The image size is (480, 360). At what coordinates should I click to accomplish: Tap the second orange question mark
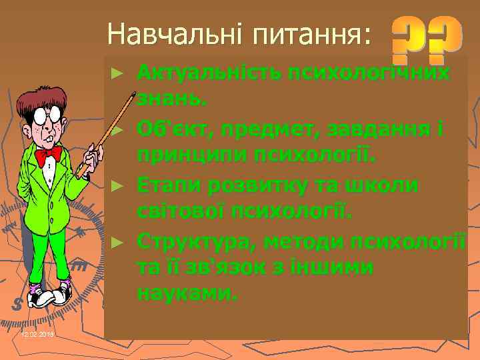click(445, 36)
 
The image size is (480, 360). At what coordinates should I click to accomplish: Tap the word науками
click(187, 294)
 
